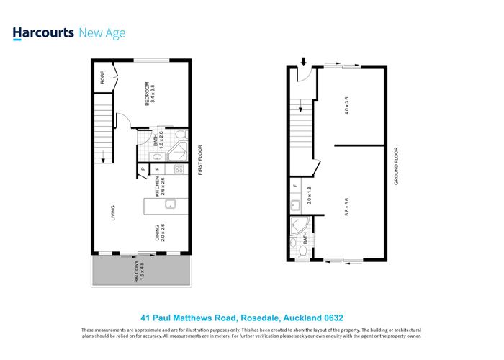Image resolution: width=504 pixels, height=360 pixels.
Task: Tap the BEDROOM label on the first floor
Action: tap(148, 92)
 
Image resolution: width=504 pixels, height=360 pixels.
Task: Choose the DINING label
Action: tap(157, 233)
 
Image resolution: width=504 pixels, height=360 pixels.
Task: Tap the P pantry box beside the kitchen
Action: tap(143, 170)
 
